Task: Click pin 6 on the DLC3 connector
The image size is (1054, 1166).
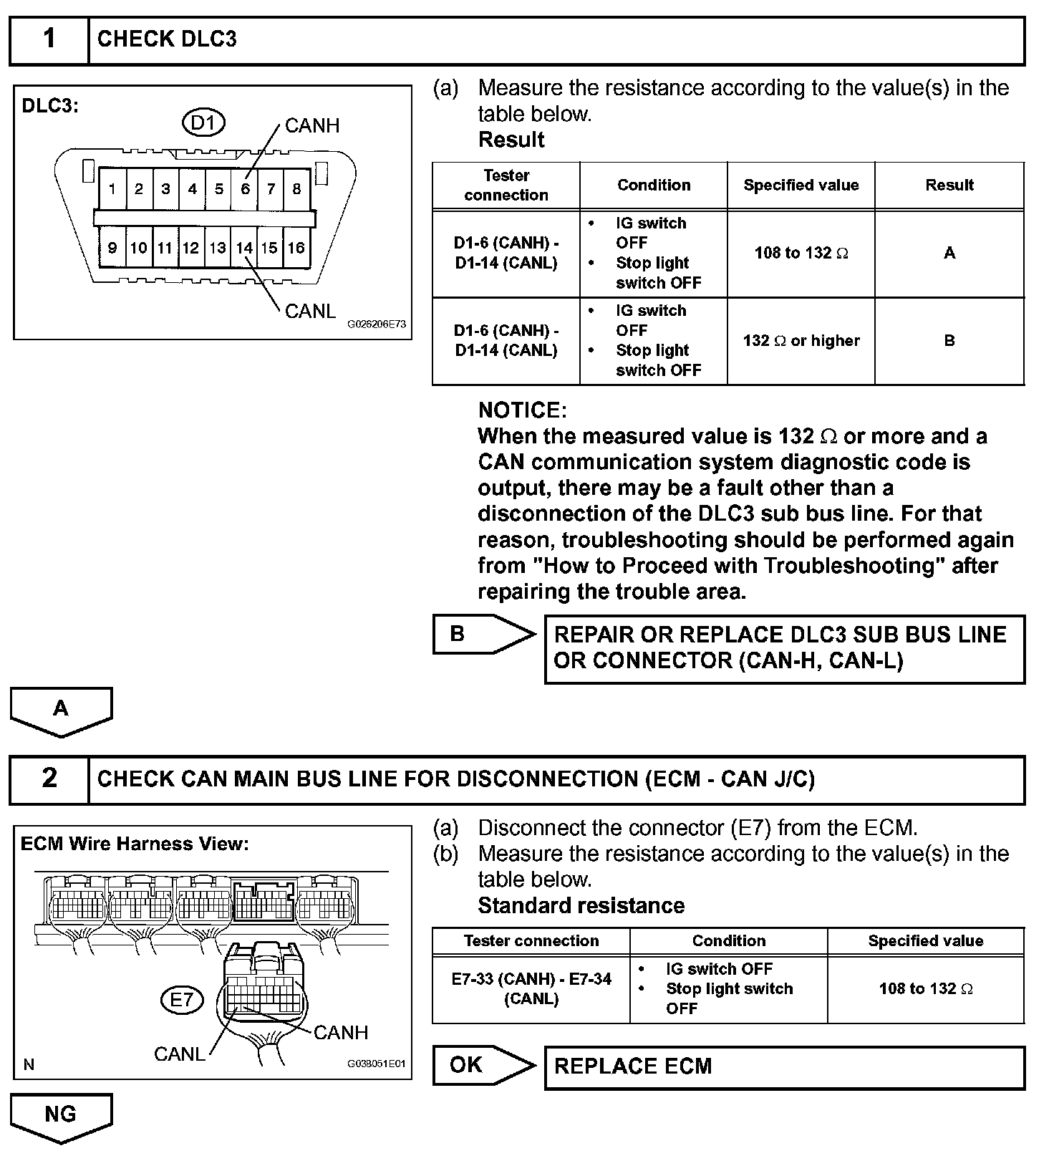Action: coord(245,189)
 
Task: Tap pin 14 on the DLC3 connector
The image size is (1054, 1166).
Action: coord(244,248)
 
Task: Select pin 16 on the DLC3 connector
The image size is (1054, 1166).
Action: coord(296,248)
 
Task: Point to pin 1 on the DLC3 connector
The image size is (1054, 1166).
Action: coord(112,189)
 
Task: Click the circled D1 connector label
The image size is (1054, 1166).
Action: coord(203,123)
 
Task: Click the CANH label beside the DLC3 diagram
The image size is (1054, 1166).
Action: coord(312,126)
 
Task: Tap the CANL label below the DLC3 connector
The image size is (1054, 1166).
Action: coord(310,312)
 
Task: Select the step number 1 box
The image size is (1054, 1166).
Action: coord(49,39)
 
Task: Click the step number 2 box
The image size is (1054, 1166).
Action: coord(49,779)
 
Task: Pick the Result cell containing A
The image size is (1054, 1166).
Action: coord(949,253)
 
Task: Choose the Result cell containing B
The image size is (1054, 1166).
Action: coord(949,341)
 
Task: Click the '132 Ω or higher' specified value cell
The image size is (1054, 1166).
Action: coord(801,341)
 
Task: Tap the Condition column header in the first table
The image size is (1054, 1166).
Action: coord(654,185)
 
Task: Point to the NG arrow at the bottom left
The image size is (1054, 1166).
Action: coord(61,1115)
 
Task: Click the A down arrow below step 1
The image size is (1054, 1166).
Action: coord(61,710)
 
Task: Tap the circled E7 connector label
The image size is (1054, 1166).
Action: coord(182,999)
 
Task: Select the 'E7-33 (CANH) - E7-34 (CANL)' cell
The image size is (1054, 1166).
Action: coord(531,988)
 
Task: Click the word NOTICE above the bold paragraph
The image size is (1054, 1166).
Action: coord(522,410)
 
